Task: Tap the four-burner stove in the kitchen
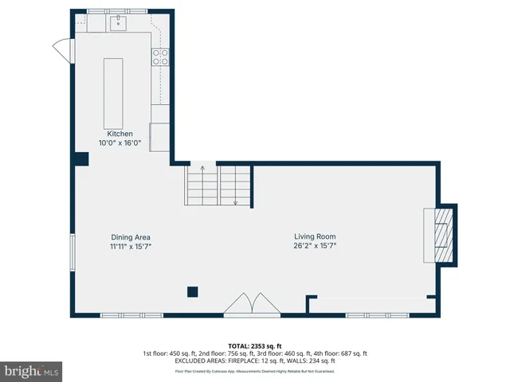coord(160,56)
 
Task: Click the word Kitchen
coord(115,134)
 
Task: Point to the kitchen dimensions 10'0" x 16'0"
coord(115,143)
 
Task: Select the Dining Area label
coord(131,237)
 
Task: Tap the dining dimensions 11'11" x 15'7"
coord(131,247)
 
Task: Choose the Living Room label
coord(315,236)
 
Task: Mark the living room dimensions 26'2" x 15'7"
coord(315,247)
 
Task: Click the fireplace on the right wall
coord(440,233)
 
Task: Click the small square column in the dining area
coord(192,291)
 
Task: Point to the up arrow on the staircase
coord(202,170)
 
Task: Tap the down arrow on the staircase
coord(236,201)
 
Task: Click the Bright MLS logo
coord(32,371)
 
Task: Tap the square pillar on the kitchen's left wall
coord(80,159)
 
